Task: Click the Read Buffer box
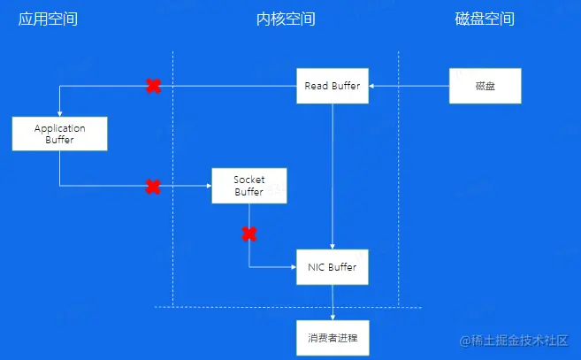tap(333, 86)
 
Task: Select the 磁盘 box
tap(485, 86)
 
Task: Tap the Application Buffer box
tap(59, 134)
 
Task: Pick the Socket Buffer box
tap(249, 185)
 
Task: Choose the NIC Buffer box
tap(333, 266)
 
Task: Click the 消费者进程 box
tap(333, 337)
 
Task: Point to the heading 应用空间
tap(48, 19)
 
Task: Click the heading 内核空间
tap(279, 19)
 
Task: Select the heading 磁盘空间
tap(485, 19)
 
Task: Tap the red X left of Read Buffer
tap(153, 86)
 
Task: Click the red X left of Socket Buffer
tap(153, 186)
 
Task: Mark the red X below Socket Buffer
tap(249, 234)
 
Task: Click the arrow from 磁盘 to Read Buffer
tap(410, 86)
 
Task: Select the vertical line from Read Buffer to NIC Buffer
tap(333, 177)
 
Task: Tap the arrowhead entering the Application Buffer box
tap(59, 113)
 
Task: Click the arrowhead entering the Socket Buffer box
tap(208, 186)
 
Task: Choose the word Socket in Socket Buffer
tap(249, 180)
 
